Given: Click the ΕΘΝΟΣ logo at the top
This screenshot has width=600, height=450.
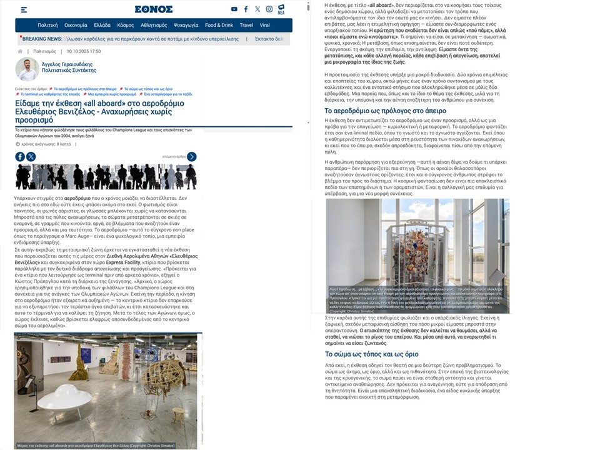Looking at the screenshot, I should coord(154,9).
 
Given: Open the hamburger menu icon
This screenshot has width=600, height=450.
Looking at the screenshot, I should coord(24,10).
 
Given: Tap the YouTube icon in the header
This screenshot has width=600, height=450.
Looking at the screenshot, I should coord(234,9).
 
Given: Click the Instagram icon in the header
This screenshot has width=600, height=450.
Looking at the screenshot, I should coord(269,9).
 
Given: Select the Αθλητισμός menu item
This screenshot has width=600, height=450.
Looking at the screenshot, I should coord(154,25).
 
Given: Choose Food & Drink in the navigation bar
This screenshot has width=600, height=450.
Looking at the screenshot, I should coord(219,25).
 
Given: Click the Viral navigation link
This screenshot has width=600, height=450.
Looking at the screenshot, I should coord(265,25).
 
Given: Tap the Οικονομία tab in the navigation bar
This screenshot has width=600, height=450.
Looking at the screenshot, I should coord(76,25).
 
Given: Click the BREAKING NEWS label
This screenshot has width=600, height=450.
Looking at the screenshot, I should coord(42,39).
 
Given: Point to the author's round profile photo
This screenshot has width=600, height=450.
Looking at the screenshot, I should coord(27,69).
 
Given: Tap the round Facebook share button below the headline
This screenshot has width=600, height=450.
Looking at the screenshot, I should coord(20,157).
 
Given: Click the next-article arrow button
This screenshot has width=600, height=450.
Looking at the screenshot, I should coord(191,157).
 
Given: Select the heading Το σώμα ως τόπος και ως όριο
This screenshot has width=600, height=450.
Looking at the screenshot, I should coord(372,354).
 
